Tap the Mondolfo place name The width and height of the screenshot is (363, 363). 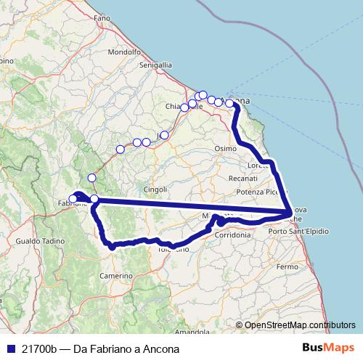123,52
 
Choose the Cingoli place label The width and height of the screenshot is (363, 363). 155,189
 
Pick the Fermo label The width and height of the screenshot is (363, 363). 287,267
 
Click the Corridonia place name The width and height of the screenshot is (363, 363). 232,235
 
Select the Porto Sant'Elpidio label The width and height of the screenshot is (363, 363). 298,231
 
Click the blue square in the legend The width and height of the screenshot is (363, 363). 10,348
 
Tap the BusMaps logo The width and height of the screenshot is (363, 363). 330,348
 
